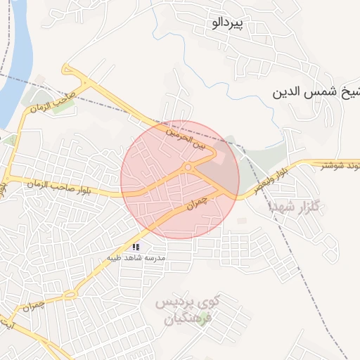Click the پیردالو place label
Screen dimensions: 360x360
(226, 23)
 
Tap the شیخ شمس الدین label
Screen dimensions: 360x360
(316, 92)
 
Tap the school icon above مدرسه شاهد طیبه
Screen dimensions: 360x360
(136, 247)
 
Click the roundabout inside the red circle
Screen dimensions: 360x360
(188, 167)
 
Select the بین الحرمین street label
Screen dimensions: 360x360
(188, 139)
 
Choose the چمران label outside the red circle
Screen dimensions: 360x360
(34, 307)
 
